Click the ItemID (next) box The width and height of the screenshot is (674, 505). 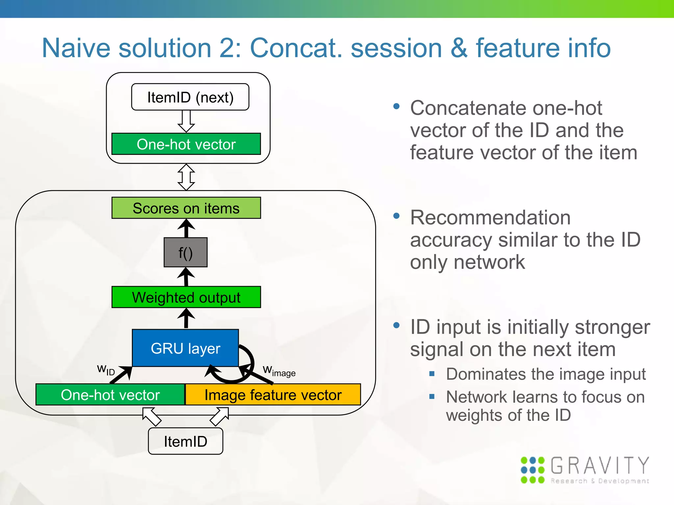tap(190, 97)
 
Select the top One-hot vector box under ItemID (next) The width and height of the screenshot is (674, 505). tap(186, 144)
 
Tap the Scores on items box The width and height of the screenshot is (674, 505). tap(186, 208)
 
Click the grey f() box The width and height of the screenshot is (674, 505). tap(186, 252)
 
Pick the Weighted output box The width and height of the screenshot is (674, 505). tap(186, 297)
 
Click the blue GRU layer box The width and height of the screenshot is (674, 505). tap(185, 348)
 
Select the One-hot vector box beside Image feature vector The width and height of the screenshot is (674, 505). tap(110, 395)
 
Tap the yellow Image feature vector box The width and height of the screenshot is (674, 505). tap(273, 395)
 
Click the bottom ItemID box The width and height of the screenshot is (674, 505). tap(185, 441)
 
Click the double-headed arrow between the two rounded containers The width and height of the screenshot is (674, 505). tap(186, 177)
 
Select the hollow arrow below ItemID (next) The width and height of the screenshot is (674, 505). tap(186, 121)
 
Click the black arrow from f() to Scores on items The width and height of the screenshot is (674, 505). tap(186, 228)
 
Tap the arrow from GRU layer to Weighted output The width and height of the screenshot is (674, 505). tap(186, 318)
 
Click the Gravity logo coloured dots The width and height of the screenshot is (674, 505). tap(532, 470)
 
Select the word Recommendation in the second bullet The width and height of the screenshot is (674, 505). tap(490, 218)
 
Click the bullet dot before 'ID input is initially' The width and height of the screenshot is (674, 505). tap(397, 325)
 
